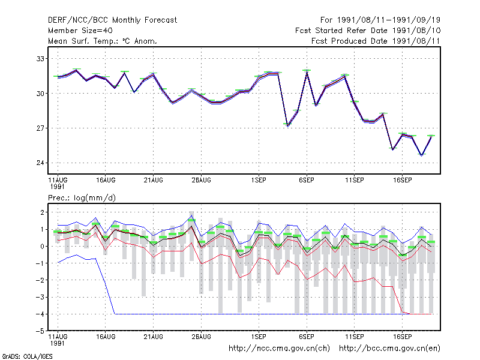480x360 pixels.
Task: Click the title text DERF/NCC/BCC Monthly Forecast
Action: pyautogui.click(x=112, y=20)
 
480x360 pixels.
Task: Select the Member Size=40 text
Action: pyautogui.click(x=80, y=31)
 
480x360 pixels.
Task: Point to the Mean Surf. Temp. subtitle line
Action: pyautogui.click(x=102, y=41)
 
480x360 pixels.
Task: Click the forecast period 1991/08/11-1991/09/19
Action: pyautogui.click(x=380, y=20)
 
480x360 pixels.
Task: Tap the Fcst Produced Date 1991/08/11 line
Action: pyautogui.click(x=376, y=41)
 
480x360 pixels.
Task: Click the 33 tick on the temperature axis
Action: pyautogui.click(x=40, y=58)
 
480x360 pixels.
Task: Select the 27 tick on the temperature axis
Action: pyautogui.click(x=40, y=128)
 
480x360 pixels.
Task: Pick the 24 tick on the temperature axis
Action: pyautogui.click(x=40, y=163)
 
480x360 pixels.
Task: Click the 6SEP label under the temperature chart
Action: pyautogui.click(x=307, y=181)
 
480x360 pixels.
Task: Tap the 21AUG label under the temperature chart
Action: pyautogui.click(x=154, y=181)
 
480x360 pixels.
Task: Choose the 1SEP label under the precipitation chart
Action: pyautogui.click(x=259, y=337)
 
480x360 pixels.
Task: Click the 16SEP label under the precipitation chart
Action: pyautogui.click(x=402, y=337)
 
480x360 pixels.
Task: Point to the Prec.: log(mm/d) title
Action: pyautogui.click(x=82, y=198)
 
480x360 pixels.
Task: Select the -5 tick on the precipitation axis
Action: pyautogui.click(x=40, y=331)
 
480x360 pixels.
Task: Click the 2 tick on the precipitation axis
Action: pyautogui.click(x=42, y=212)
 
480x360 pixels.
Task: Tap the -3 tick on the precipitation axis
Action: pyautogui.click(x=40, y=297)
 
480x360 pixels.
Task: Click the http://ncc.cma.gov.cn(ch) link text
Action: pyautogui.click(x=279, y=349)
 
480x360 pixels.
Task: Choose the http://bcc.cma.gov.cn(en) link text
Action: pyautogui.click(x=389, y=349)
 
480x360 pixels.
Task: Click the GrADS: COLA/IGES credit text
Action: pyautogui.click(x=27, y=356)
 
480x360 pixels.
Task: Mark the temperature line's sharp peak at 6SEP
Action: pyautogui.click(x=307, y=71)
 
